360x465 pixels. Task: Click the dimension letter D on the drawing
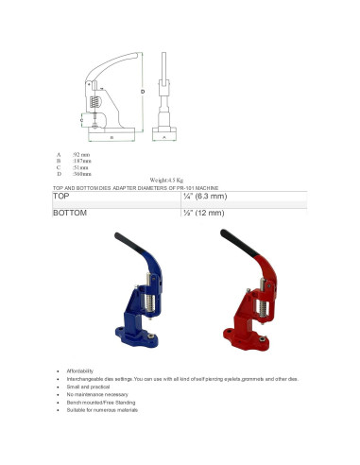coord(142,91)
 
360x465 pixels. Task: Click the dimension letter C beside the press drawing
coord(81,121)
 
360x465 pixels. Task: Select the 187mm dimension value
coord(82,161)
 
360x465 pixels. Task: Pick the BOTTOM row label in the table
coord(70,214)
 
